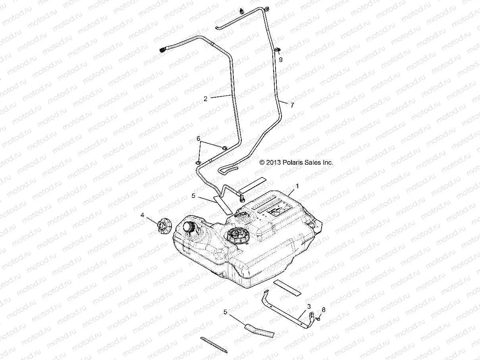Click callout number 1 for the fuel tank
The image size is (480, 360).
pyautogui.click(x=298, y=186)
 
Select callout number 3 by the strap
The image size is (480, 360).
pyautogui.click(x=308, y=307)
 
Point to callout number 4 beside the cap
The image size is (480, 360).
pyautogui.click(x=142, y=215)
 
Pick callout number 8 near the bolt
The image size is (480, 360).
pyautogui.click(x=324, y=310)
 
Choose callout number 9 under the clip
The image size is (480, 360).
pyautogui.click(x=281, y=60)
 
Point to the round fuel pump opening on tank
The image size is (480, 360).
pyautogui.click(x=237, y=237)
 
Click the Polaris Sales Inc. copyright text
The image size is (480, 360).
pyautogui.click(x=296, y=162)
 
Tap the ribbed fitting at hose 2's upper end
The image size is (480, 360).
pyautogui.click(x=163, y=50)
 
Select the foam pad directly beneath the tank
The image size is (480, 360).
pyautogui.click(x=287, y=287)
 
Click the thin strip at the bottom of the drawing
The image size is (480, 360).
pyautogui.click(x=214, y=345)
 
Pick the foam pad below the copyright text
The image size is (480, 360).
pyautogui.click(x=251, y=183)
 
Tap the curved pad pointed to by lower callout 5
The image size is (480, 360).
pyautogui.click(x=259, y=330)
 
